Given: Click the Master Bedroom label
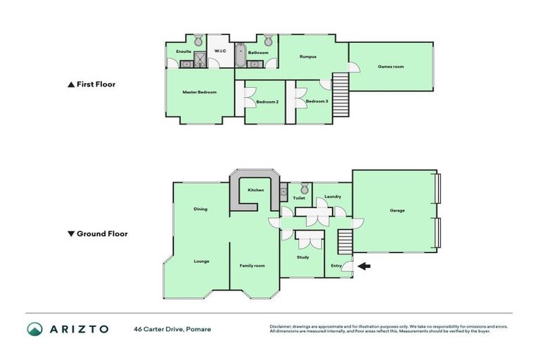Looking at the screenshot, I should pyautogui.click(x=199, y=92).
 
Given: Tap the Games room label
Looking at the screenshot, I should pyautogui.click(x=390, y=67).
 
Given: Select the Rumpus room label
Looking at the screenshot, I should pyautogui.click(x=307, y=56).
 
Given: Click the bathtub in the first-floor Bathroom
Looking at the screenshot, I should pyautogui.click(x=240, y=56).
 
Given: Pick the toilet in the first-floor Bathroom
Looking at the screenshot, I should pyautogui.click(x=268, y=39).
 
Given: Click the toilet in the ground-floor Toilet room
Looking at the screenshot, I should pyautogui.click(x=304, y=188).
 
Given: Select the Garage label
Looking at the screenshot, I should pyautogui.click(x=397, y=210).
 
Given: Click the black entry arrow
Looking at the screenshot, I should pyautogui.click(x=363, y=266).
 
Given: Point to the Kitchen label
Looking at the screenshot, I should pyautogui.click(x=256, y=190).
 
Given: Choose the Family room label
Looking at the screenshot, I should pyautogui.click(x=252, y=265).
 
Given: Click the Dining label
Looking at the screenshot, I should pyautogui.click(x=200, y=209).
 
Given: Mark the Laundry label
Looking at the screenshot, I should pyautogui.click(x=333, y=197).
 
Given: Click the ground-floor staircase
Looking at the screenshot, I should pyautogui.click(x=344, y=244).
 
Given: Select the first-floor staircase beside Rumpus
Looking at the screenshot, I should pyautogui.click(x=340, y=92).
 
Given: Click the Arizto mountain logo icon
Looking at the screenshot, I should pyautogui.click(x=35, y=329).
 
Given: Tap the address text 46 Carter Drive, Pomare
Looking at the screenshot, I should pyautogui.click(x=172, y=329).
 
